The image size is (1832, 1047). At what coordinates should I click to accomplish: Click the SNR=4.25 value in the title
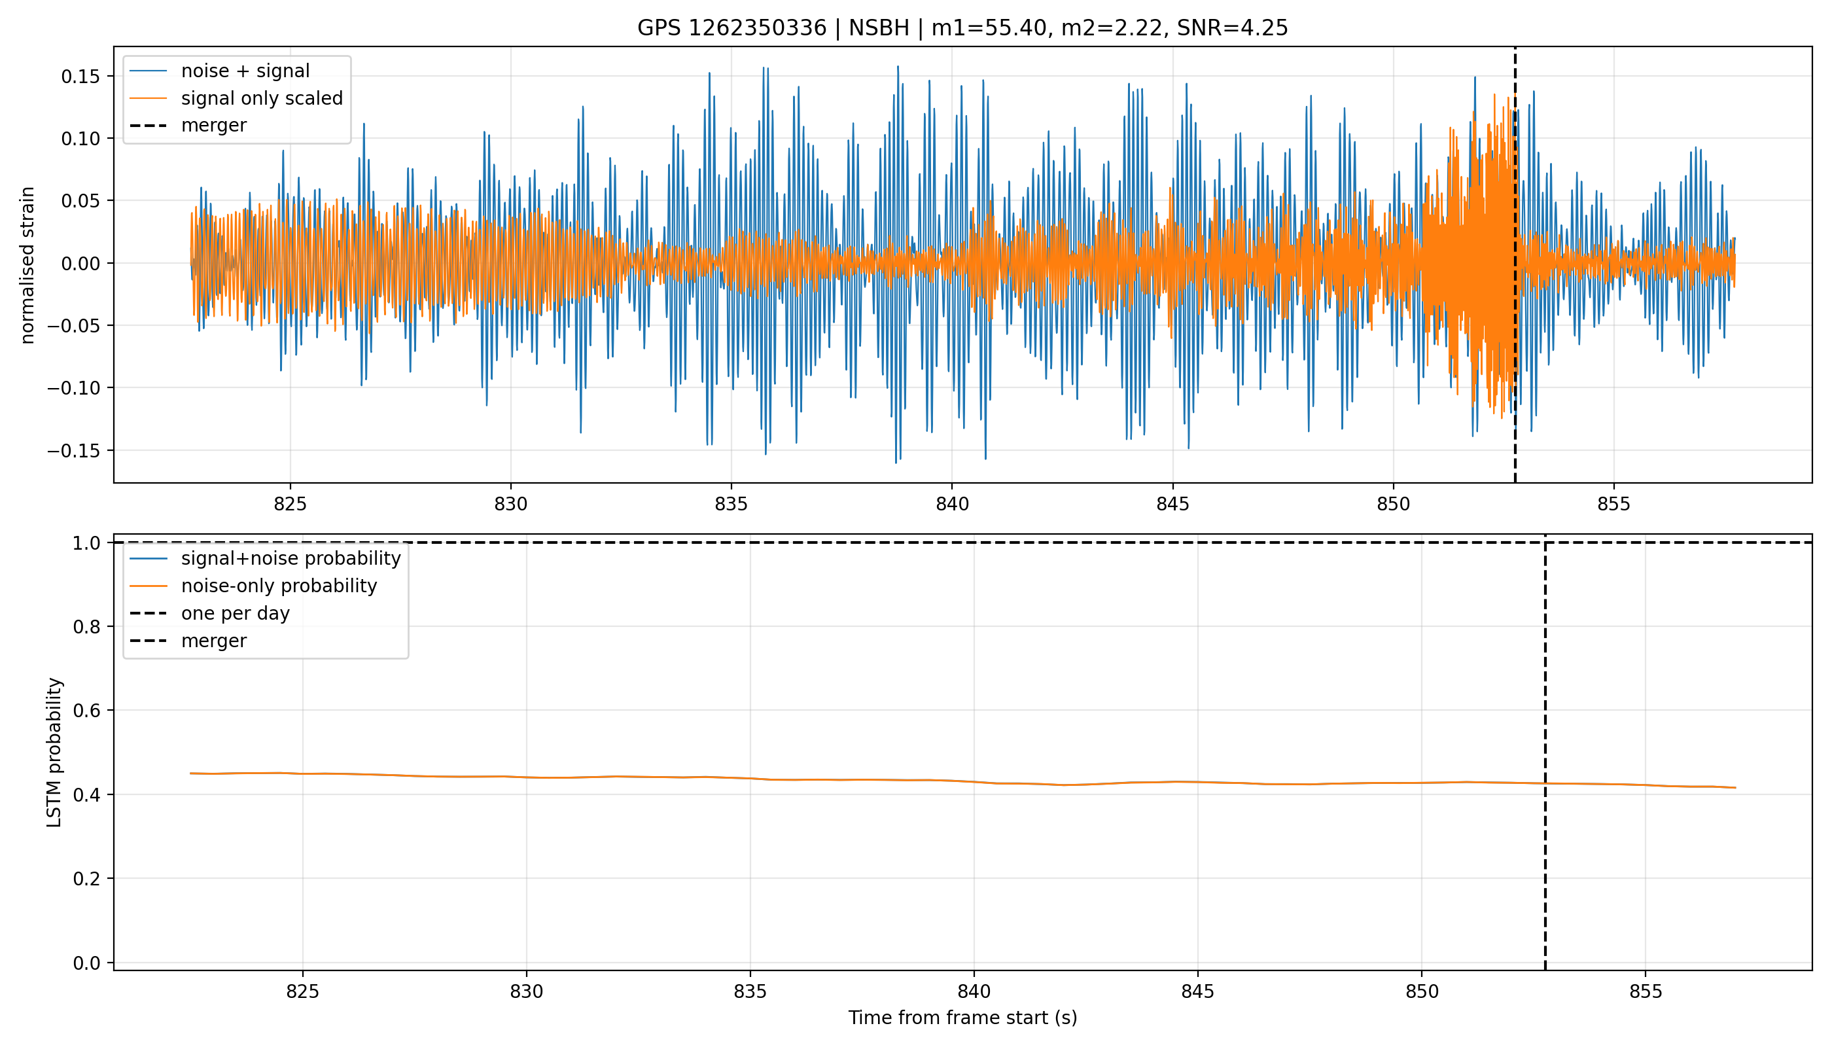pos(1233,28)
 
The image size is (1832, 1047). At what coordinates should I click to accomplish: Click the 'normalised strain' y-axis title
pos(27,265)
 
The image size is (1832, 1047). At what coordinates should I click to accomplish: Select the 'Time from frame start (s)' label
pos(962,1018)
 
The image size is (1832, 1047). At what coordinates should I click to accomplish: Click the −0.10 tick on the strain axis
pos(74,388)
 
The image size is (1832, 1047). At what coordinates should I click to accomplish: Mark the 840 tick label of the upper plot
pos(952,504)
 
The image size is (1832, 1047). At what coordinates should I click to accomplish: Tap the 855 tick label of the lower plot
pos(1646,991)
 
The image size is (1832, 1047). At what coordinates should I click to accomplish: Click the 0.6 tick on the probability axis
pos(87,711)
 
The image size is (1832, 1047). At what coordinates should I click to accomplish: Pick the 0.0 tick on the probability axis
pos(87,963)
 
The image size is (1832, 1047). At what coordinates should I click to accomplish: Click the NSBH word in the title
pos(879,28)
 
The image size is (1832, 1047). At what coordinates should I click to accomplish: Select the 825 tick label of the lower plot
pos(303,991)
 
